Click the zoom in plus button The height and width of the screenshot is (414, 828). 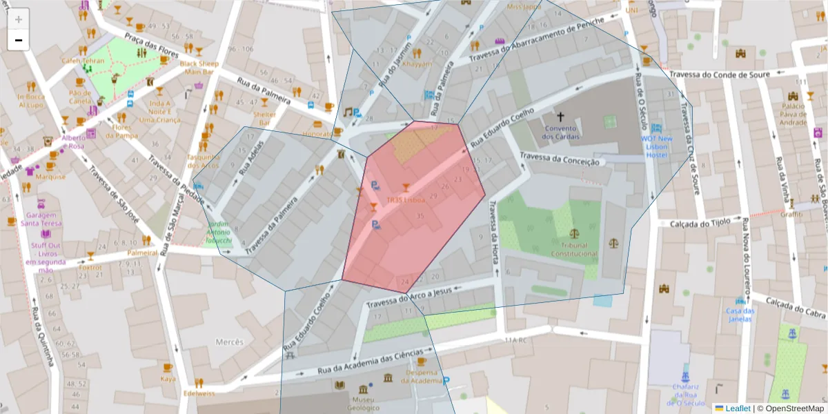(19, 19)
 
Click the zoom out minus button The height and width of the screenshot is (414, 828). (19, 40)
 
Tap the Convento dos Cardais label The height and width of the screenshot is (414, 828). (560, 132)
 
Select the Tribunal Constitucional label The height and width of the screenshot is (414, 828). (574, 249)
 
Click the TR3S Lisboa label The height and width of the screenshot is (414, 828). (405, 200)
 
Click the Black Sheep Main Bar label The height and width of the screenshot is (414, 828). (199, 68)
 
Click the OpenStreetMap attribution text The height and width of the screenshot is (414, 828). (790, 408)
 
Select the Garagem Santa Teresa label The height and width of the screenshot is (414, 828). (41, 219)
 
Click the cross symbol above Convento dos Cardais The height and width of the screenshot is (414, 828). (560, 117)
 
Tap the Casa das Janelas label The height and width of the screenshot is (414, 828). (740, 315)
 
